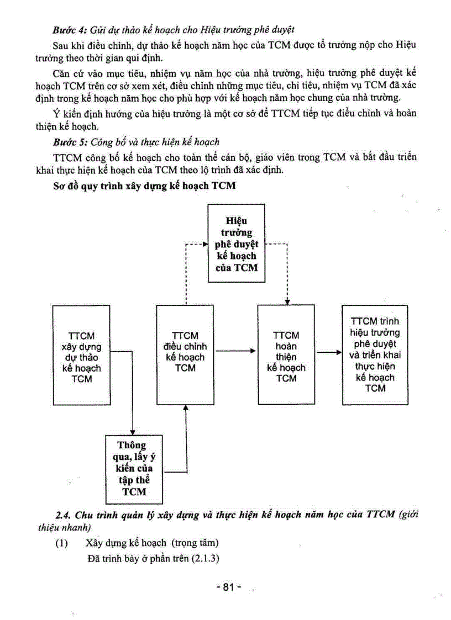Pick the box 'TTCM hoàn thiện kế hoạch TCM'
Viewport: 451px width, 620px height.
click(286, 357)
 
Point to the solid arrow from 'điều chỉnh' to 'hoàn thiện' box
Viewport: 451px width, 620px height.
click(235, 350)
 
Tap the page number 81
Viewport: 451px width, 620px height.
click(229, 587)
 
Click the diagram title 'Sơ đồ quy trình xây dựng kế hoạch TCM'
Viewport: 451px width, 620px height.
click(144, 186)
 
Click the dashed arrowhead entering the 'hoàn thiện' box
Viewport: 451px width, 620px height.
click(287, 301)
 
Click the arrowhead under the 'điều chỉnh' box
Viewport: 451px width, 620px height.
click(185, 407)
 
